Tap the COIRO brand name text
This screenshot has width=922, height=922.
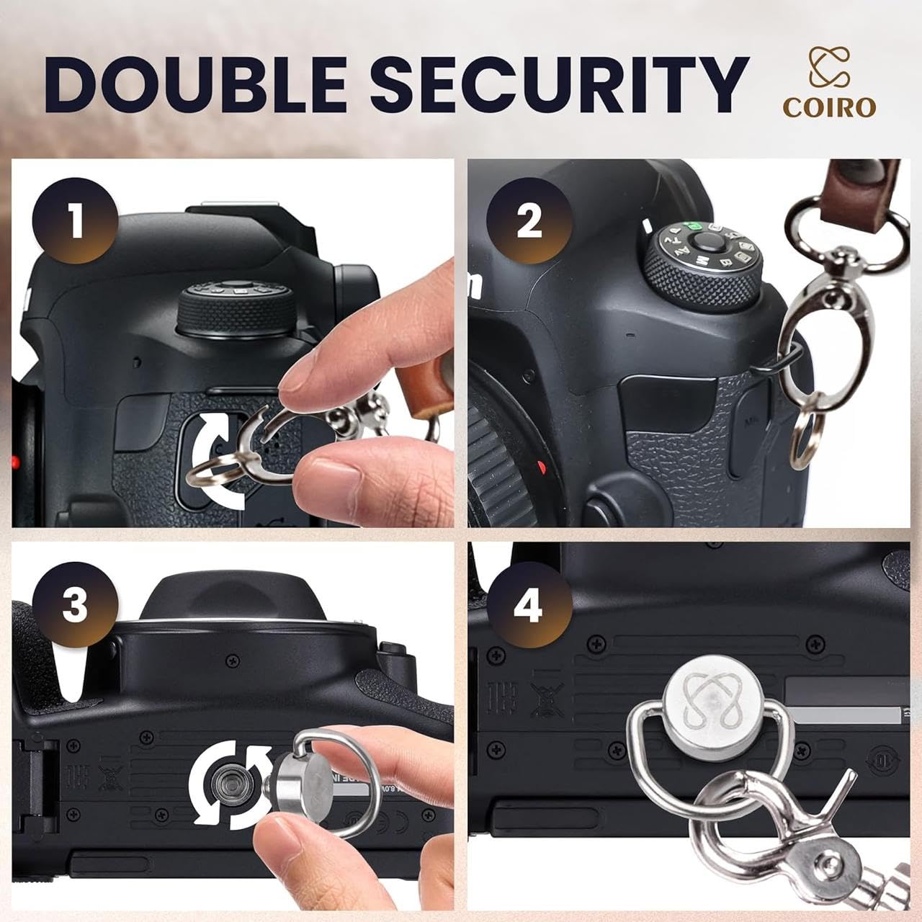click(829, 107)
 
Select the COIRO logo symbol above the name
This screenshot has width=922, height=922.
click(829, 66)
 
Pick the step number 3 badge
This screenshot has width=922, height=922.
click(74, 604)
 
